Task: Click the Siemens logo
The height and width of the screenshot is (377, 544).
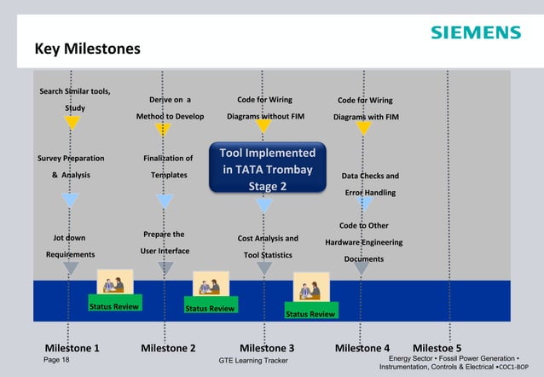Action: coord(475,32)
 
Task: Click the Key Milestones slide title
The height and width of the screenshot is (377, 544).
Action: coord(87,49)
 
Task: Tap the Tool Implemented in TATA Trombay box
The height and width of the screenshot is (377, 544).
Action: coord(269,170)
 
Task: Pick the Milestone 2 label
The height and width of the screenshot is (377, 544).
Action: coord(168,348)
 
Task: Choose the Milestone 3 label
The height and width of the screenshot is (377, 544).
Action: coord(267,348)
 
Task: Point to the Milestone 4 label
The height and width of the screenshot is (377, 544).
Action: coord(362,348)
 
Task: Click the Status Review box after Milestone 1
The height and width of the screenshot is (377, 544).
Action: coord(113,306)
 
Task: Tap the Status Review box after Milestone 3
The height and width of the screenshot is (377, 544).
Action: coord(310,314)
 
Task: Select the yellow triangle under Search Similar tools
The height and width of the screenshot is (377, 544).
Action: coord(72,123)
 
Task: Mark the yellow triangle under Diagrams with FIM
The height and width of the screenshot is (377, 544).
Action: coord(364,128)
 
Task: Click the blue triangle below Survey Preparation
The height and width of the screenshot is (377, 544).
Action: coord(71,200)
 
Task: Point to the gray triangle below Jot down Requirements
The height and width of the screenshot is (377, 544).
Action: coord(71,268)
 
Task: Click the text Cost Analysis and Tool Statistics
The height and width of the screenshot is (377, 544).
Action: coord(269,246)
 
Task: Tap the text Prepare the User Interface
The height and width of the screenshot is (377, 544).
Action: coord(165,242)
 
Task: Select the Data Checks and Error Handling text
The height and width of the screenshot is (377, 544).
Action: coord(369,184)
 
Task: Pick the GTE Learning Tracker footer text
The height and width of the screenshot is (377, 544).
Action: coord(253,362)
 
